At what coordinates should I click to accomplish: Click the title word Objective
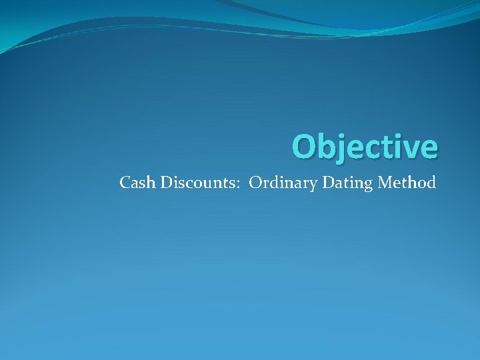point(365,147)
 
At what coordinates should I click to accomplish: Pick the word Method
point(407,182)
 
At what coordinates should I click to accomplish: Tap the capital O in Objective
point(305,147)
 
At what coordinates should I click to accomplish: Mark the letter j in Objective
point(344,148)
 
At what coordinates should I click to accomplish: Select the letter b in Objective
point(329,147)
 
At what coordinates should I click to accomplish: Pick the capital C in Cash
point(125,182)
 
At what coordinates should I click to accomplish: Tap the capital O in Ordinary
point(255,182)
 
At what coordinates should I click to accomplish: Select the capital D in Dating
point(328,182)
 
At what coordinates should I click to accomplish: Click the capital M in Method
point(385,182)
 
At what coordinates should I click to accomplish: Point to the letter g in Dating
point(367,185)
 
